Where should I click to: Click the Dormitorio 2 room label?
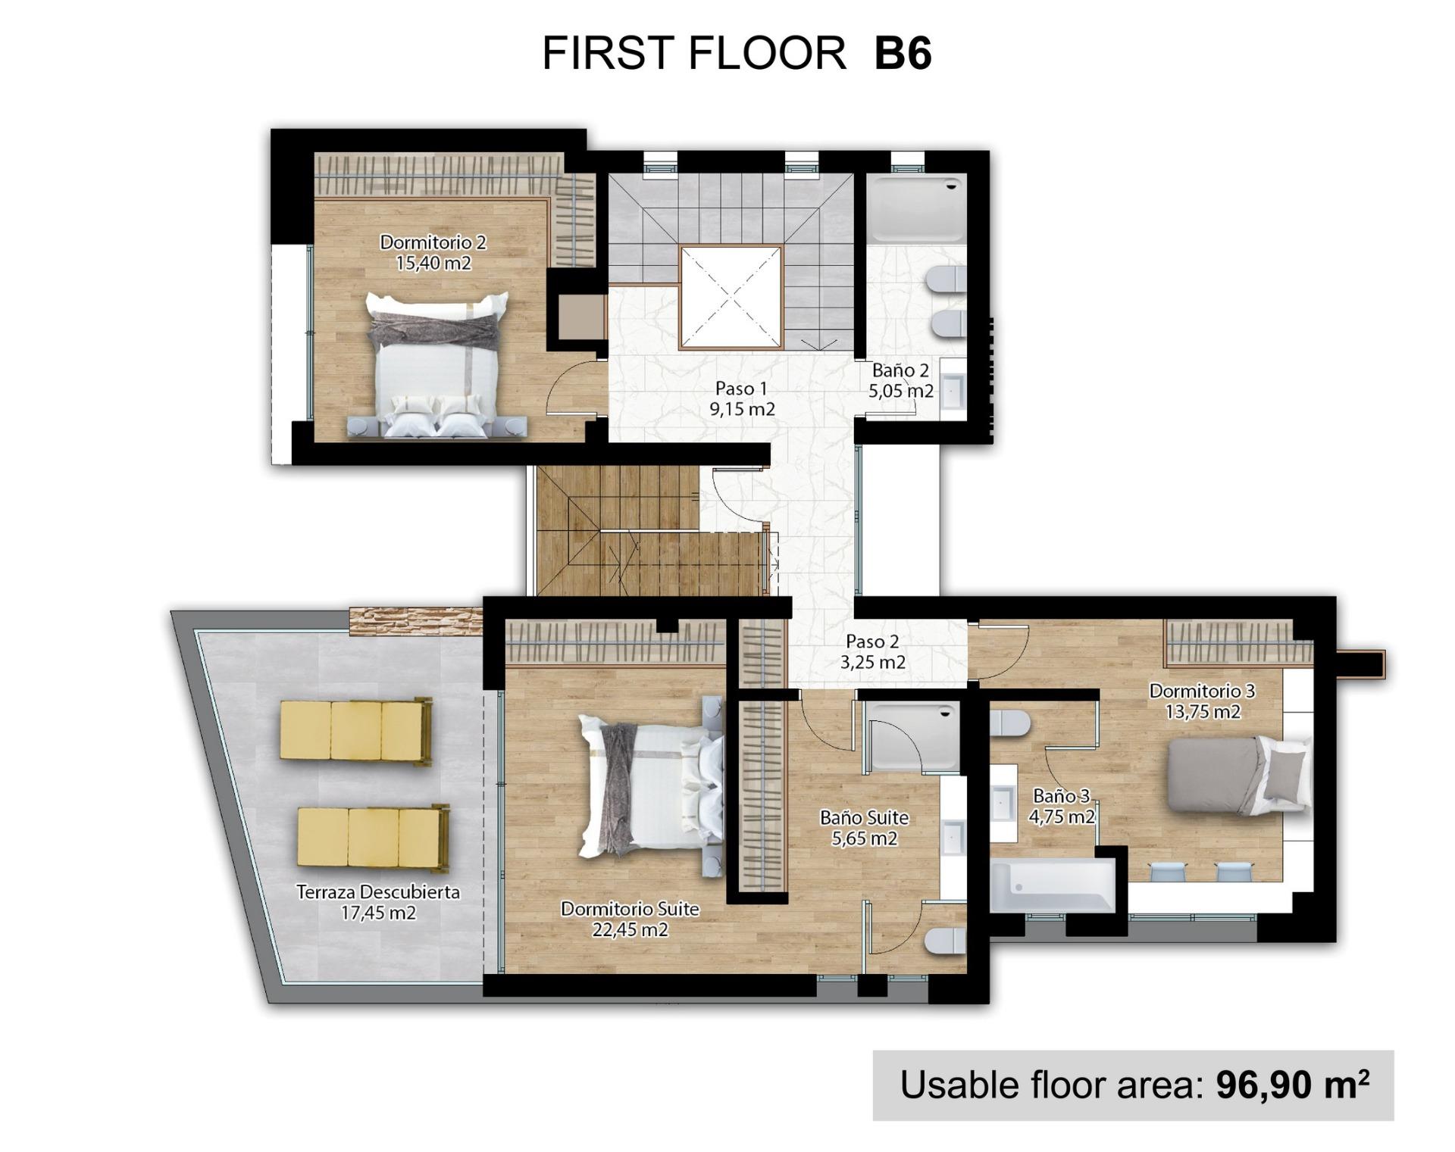(x=433, y=242)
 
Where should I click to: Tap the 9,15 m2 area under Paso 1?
(x=742, y=410)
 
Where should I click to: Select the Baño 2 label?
(x=900, y=370)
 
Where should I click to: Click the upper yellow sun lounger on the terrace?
(x=355, y=730)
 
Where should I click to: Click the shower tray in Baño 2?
(x=916, y=208)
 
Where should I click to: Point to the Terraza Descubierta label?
(x=377, y=892)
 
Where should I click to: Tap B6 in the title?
(x=902, y=53)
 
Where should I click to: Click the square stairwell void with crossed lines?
(x=731, y=298)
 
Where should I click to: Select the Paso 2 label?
(x=872, y=642)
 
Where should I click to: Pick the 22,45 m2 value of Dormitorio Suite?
(x=630, y=929)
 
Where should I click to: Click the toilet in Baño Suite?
(x=944, y=941)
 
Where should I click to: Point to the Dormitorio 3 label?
(x=1202, y=691)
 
